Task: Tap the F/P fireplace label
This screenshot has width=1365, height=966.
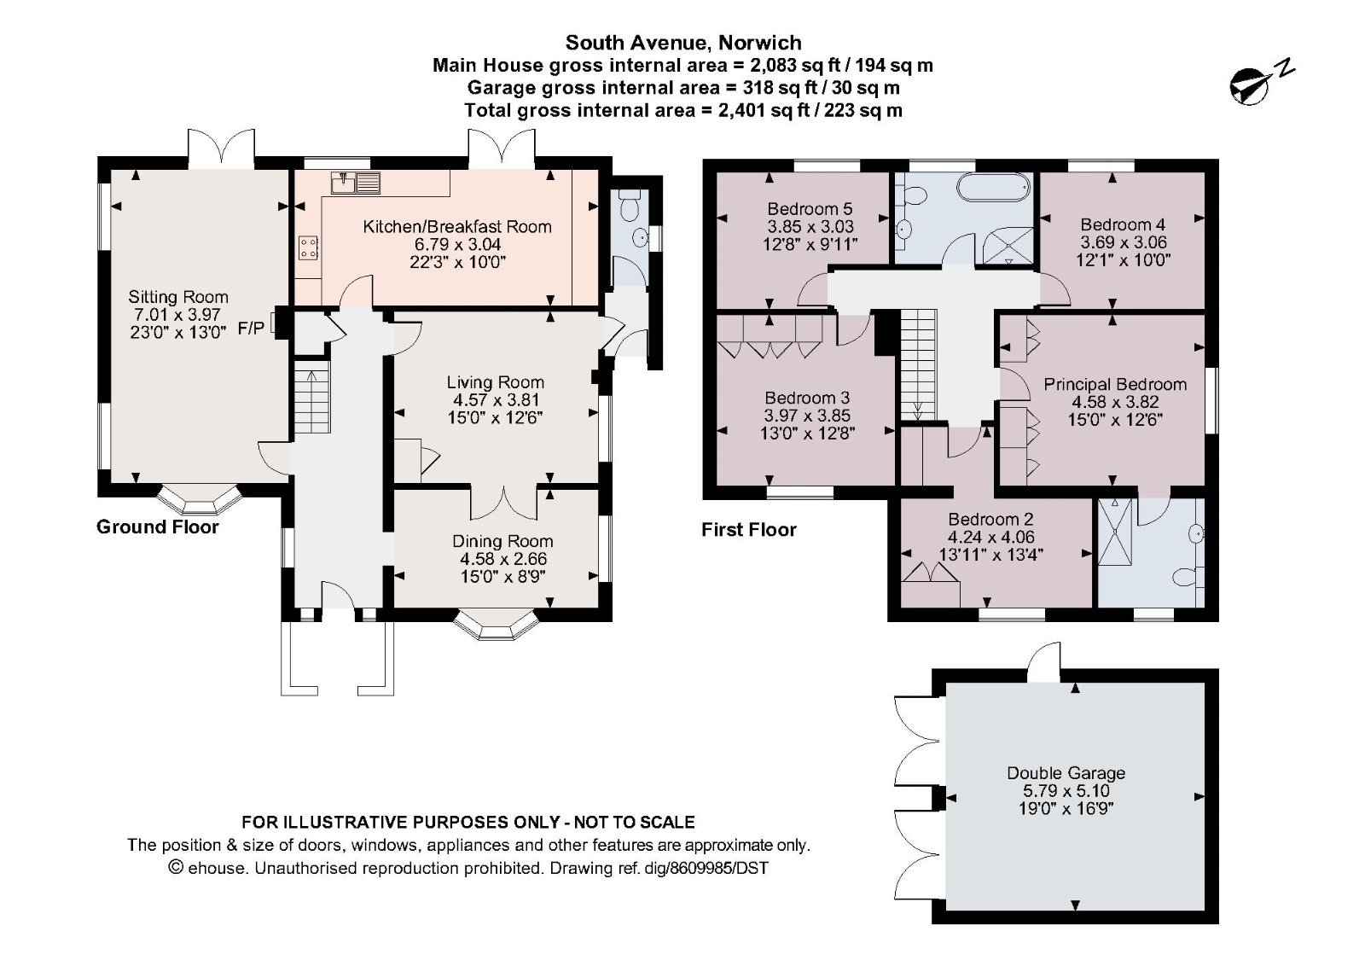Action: pos(251,329)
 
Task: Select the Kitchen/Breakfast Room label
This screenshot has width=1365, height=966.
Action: pos(457,227)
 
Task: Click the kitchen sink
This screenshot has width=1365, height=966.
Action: pos(356,183)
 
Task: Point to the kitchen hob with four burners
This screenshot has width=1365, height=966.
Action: pos(309,248)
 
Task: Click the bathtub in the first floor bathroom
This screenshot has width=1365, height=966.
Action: pos(994,187)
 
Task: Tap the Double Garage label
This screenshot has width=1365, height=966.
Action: pos(1066,773)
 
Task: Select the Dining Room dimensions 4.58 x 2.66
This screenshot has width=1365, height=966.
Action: pos(503,559)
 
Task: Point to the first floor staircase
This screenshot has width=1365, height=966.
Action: pos(918,364)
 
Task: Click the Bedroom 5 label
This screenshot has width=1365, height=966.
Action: pos(810,209)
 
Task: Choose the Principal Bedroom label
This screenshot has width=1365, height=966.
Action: pos(1115,385)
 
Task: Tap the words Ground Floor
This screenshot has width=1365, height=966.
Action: pos(157,527)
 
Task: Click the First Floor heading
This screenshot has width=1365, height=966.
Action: pos(749,530)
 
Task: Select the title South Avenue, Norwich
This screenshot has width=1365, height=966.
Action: pos(683,43)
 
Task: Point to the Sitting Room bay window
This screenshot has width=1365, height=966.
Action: pos(199,500)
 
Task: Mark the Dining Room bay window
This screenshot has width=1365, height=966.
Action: pos(497,625)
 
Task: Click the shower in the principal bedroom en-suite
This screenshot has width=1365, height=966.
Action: pos(1114,532)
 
